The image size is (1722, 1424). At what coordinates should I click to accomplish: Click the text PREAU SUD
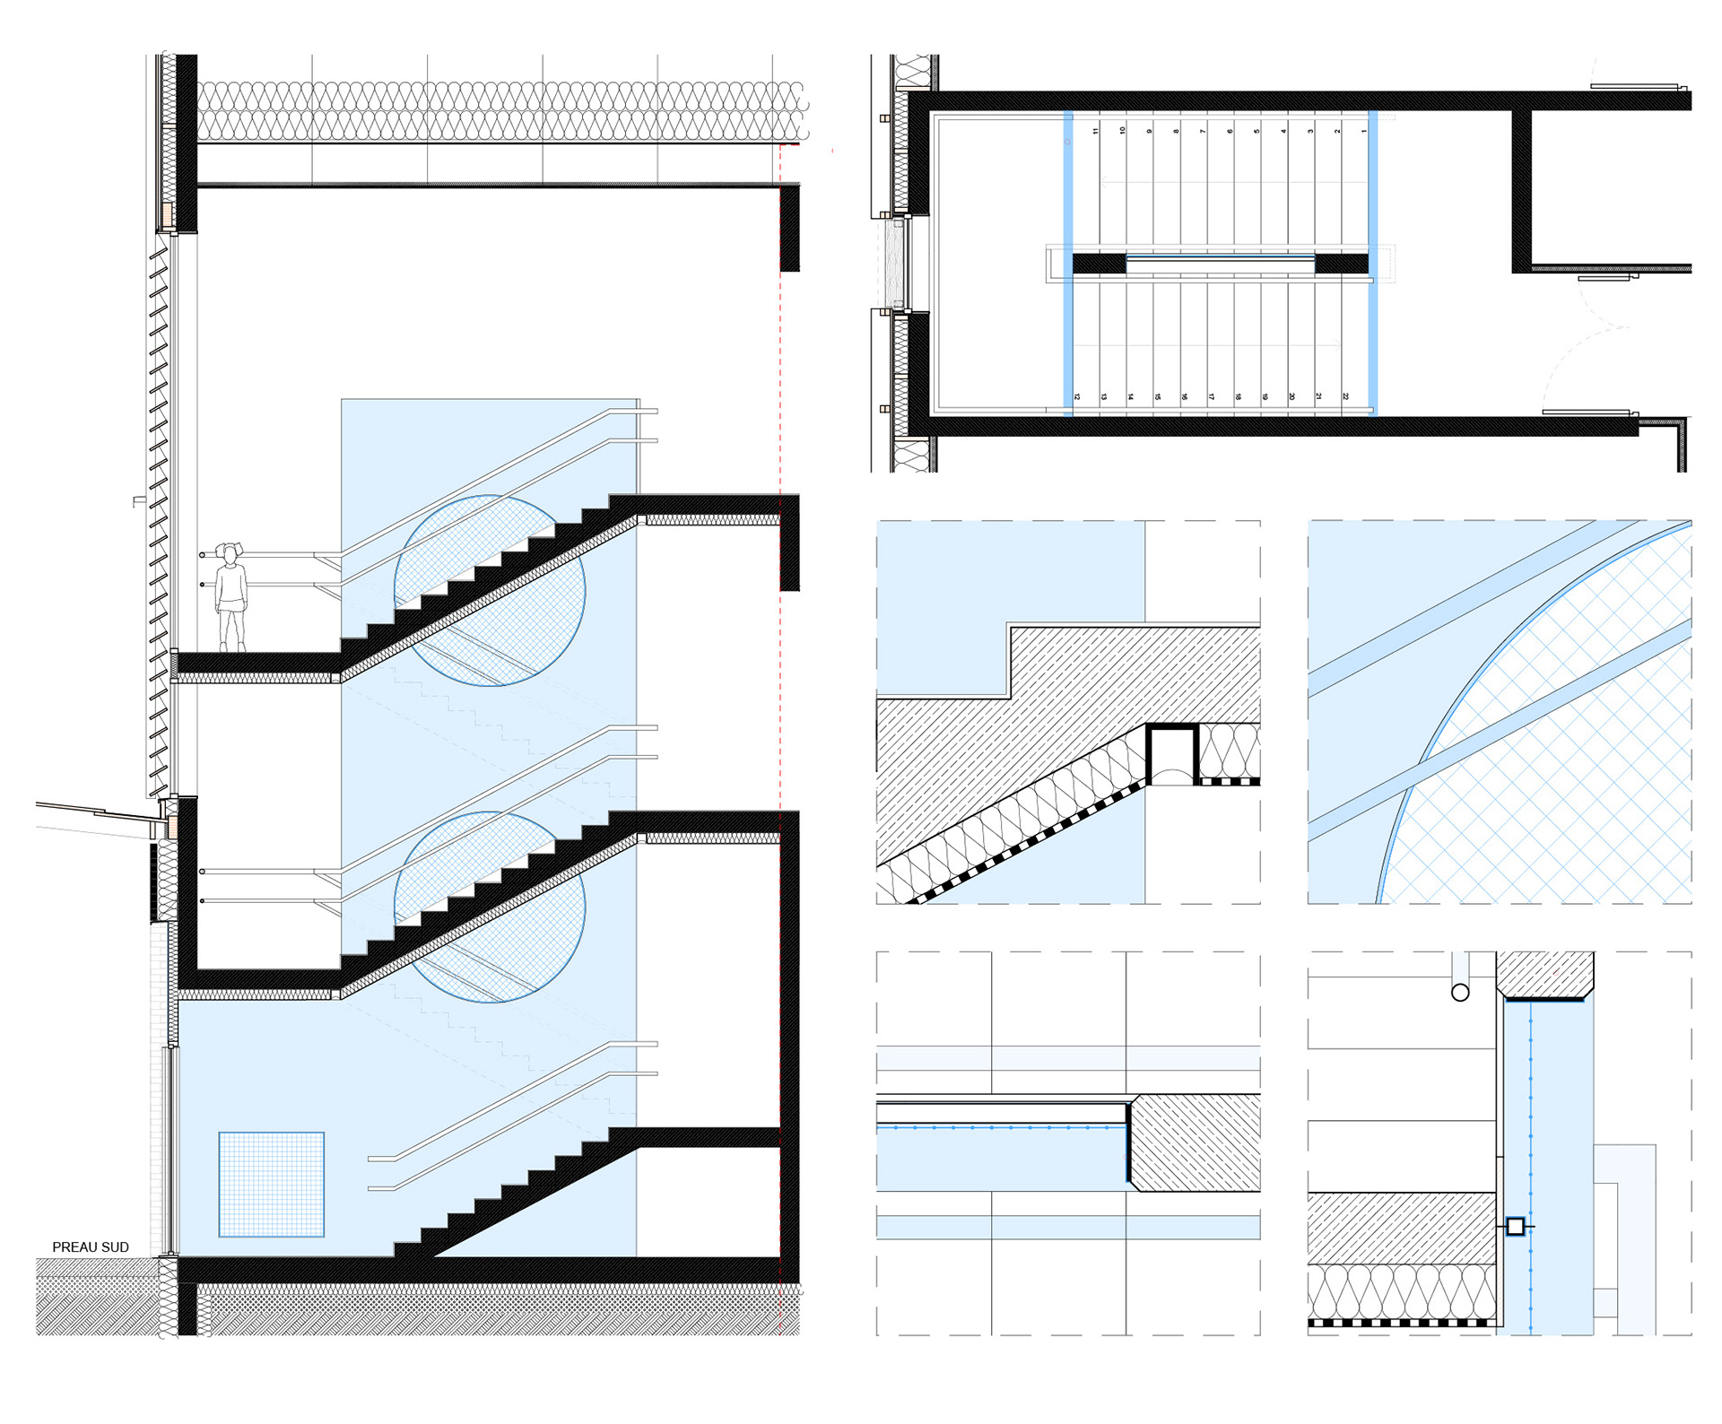[91, 1246]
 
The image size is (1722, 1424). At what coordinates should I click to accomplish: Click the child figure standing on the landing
[231, 596]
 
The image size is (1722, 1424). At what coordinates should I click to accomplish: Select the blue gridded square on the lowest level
[272, 1185]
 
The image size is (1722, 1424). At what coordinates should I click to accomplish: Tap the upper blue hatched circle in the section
[490, 591]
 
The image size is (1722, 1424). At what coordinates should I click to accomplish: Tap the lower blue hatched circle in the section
[490, 907]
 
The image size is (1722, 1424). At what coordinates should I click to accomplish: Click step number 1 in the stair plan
[1364, 131]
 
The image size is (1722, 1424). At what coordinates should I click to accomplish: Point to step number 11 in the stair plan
[1095, 131]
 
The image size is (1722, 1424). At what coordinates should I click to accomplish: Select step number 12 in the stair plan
[1077, 396]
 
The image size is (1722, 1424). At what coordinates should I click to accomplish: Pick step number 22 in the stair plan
[1345, 396]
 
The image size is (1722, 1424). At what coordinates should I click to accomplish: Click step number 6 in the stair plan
[1230, 131]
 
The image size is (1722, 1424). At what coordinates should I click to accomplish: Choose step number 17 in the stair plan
[1211, 396]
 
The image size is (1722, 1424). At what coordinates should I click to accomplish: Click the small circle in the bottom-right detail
[1460, 992]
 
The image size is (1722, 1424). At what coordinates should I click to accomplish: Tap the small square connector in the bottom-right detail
[1515, 1226]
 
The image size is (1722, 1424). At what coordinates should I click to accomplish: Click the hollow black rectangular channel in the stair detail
[1171, 754]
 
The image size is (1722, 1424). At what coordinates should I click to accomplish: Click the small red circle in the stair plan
[1067, 142]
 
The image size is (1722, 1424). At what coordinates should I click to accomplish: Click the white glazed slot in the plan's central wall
[1220, 264]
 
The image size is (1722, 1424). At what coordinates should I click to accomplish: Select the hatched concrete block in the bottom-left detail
[1196, 1142]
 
